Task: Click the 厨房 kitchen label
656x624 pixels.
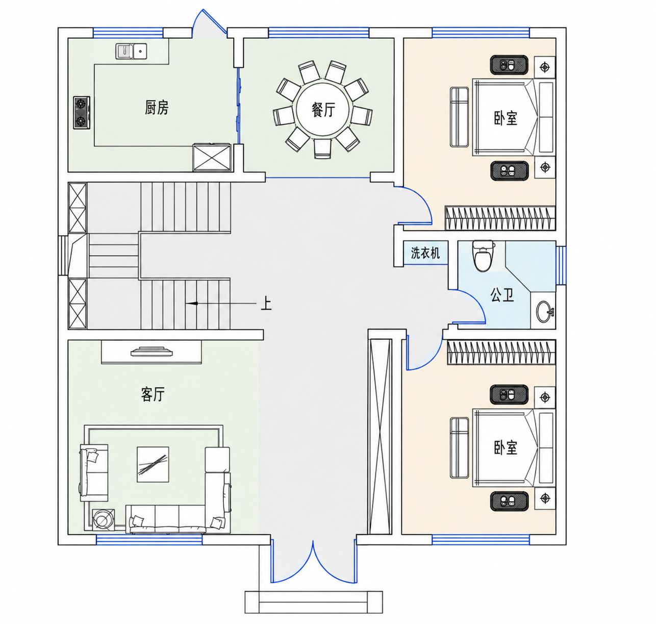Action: click(x=157, y=108)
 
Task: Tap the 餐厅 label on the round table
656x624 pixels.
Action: click(x=323, y=110)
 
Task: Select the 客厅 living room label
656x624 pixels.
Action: click(x=153, y=394)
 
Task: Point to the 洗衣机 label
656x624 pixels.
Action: click(x=425, y=253)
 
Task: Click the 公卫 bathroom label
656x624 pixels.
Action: click(x=502, y=295)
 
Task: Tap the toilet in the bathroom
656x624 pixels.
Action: click(x=483, y=256)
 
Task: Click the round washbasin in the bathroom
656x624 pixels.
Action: click(x=545, y=312)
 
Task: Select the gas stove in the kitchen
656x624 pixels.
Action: click(x=82, y=113)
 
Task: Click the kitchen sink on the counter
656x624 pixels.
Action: click(x=131, y=51)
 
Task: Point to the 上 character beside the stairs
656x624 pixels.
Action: click(x=266, y=303)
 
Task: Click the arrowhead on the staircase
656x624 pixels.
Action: click(x=191, y=304)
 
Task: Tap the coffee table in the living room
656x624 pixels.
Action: click(x=153, y=464)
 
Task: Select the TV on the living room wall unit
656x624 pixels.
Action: click(x=152, y=352)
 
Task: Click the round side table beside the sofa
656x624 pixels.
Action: click(x=103, y=519)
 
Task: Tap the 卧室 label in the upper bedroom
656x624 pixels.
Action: click(x=506, y=118)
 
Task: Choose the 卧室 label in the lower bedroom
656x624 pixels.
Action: click(x=506, y=447)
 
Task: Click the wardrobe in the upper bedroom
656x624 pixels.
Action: click(x=500, y=218)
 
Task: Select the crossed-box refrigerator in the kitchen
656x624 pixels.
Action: click(x=212, y=157)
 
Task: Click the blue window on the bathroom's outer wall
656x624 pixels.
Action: click(x=561, y=265)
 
